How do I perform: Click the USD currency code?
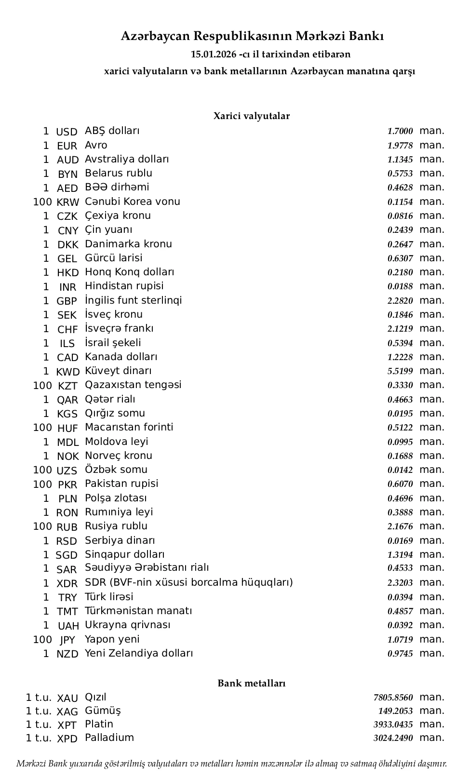(67, 132)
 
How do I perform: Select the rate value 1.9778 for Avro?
(400, 146)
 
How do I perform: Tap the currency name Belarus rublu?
(119, 173)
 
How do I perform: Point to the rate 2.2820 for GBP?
(400, 301)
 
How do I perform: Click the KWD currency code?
(67, 372)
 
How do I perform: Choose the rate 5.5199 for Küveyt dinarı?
(400, 371)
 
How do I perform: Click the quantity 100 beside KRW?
(42, 202)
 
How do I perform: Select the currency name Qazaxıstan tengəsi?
(133, 385)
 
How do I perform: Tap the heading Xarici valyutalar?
(252, 116)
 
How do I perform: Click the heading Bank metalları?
(252, 684)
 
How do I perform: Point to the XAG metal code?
(67, 712)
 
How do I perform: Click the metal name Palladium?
(109, 738)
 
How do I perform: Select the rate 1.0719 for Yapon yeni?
(400, 640)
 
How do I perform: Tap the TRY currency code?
(67, 598)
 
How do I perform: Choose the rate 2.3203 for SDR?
(400, 583)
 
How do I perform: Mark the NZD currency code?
(67, 654)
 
